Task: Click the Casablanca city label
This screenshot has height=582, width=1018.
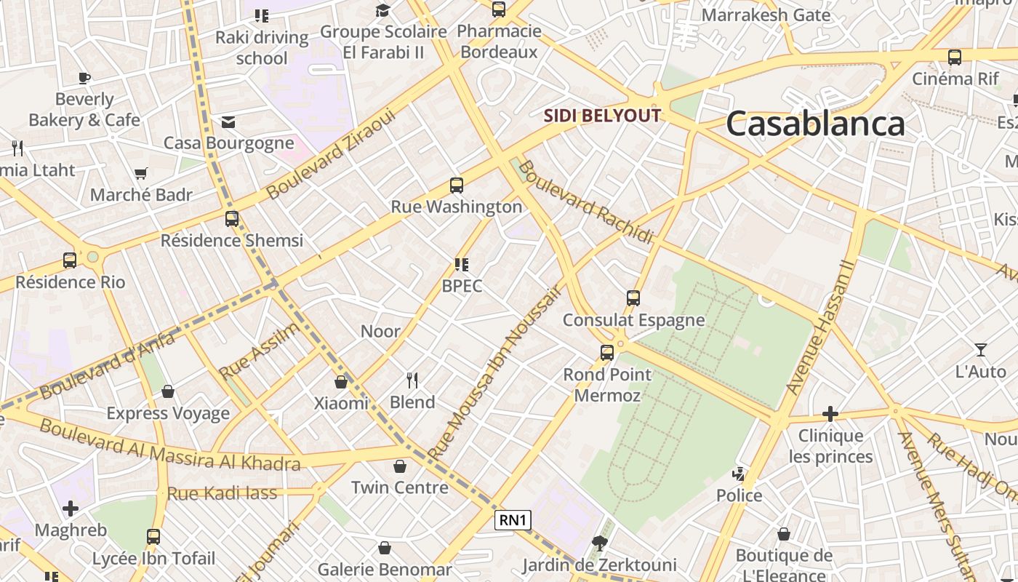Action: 815,124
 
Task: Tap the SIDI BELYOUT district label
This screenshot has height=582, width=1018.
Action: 603,116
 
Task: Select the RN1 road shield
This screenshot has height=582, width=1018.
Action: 513,520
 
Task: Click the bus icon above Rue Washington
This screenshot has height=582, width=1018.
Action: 457,186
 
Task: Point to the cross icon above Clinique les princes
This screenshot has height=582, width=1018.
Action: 830,414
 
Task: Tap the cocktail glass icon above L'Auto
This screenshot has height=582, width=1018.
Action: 980,350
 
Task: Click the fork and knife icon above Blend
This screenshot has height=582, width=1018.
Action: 412,380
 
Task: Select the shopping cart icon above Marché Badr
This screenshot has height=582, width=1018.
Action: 141,174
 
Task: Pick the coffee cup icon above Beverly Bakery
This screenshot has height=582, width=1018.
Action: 84,78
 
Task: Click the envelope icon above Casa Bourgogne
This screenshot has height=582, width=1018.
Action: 228,121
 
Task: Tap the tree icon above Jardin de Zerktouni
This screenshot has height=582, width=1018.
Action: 599,542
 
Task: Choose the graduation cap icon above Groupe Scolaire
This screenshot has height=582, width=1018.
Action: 382,10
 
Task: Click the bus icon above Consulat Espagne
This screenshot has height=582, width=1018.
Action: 633,298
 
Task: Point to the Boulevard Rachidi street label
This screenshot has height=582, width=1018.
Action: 585,202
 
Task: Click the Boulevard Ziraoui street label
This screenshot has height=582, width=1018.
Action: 331,154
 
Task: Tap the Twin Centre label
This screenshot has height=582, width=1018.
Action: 400,487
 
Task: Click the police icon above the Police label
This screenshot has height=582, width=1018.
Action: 739,474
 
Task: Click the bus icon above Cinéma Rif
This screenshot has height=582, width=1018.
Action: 954,57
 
